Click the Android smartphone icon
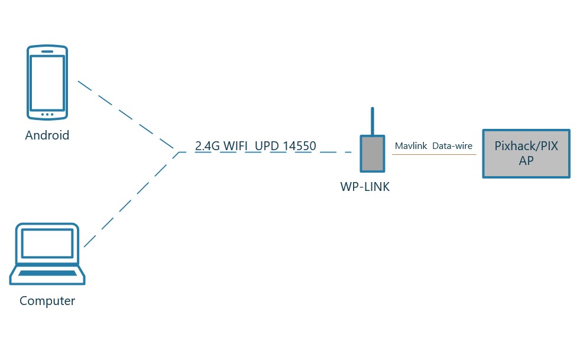(x=47, y=82)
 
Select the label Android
(x=47, y=135)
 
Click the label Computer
(x=47, y=301)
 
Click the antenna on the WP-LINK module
(x=372, y=121)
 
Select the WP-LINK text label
(x=365, y=187)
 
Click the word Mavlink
(x=410, y=145)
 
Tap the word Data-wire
(x=452, y=145)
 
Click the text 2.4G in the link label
(x=208, y=145)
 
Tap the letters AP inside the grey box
(x=526, y=160)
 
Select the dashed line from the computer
(x=130, y=198)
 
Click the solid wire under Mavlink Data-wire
(x=434, y=155)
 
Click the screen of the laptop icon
(x=47, y=244)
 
